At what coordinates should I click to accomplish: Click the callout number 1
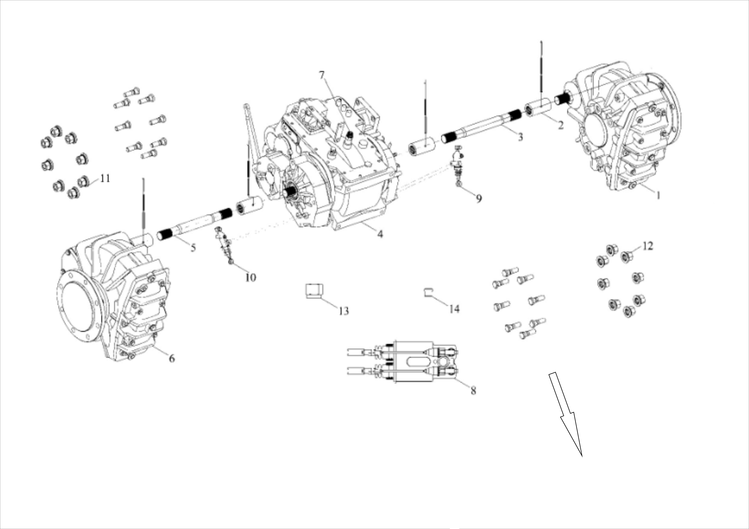point(658,195)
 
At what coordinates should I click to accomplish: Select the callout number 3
point(520,137)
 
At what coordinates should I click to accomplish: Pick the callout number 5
point(193,248)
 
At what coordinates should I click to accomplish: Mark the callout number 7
point(322,75)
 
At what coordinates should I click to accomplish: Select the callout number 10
point(251,278)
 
